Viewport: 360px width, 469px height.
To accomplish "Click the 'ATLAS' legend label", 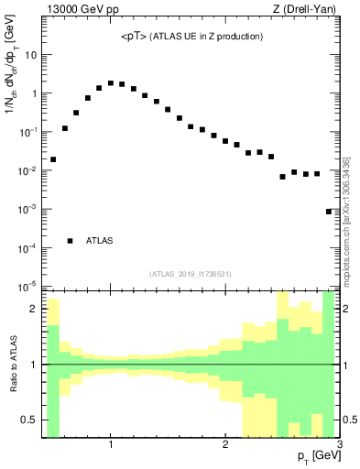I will pyautogui.click(x=100, y=241).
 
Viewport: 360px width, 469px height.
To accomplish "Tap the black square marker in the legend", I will pyautogui.click(x=71, y=241).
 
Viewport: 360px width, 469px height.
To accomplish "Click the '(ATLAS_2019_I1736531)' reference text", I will pyautogui.click(x=191, y=273).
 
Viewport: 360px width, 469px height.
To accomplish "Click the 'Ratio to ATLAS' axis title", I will pyautogui.click(x=15, y=365).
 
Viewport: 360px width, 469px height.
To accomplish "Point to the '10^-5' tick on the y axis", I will pyautogui.click(x=27, y=287).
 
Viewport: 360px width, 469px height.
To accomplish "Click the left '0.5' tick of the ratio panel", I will pyautogui.click(x=31, y=420).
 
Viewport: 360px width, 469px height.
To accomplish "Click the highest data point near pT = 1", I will pyautogui.click(x=111, y=83).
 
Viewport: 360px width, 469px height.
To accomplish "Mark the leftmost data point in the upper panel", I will pyautogui.click(x=53, y=159).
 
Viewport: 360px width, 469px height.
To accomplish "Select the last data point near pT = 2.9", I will pyautogui.click(x=328, y=212).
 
